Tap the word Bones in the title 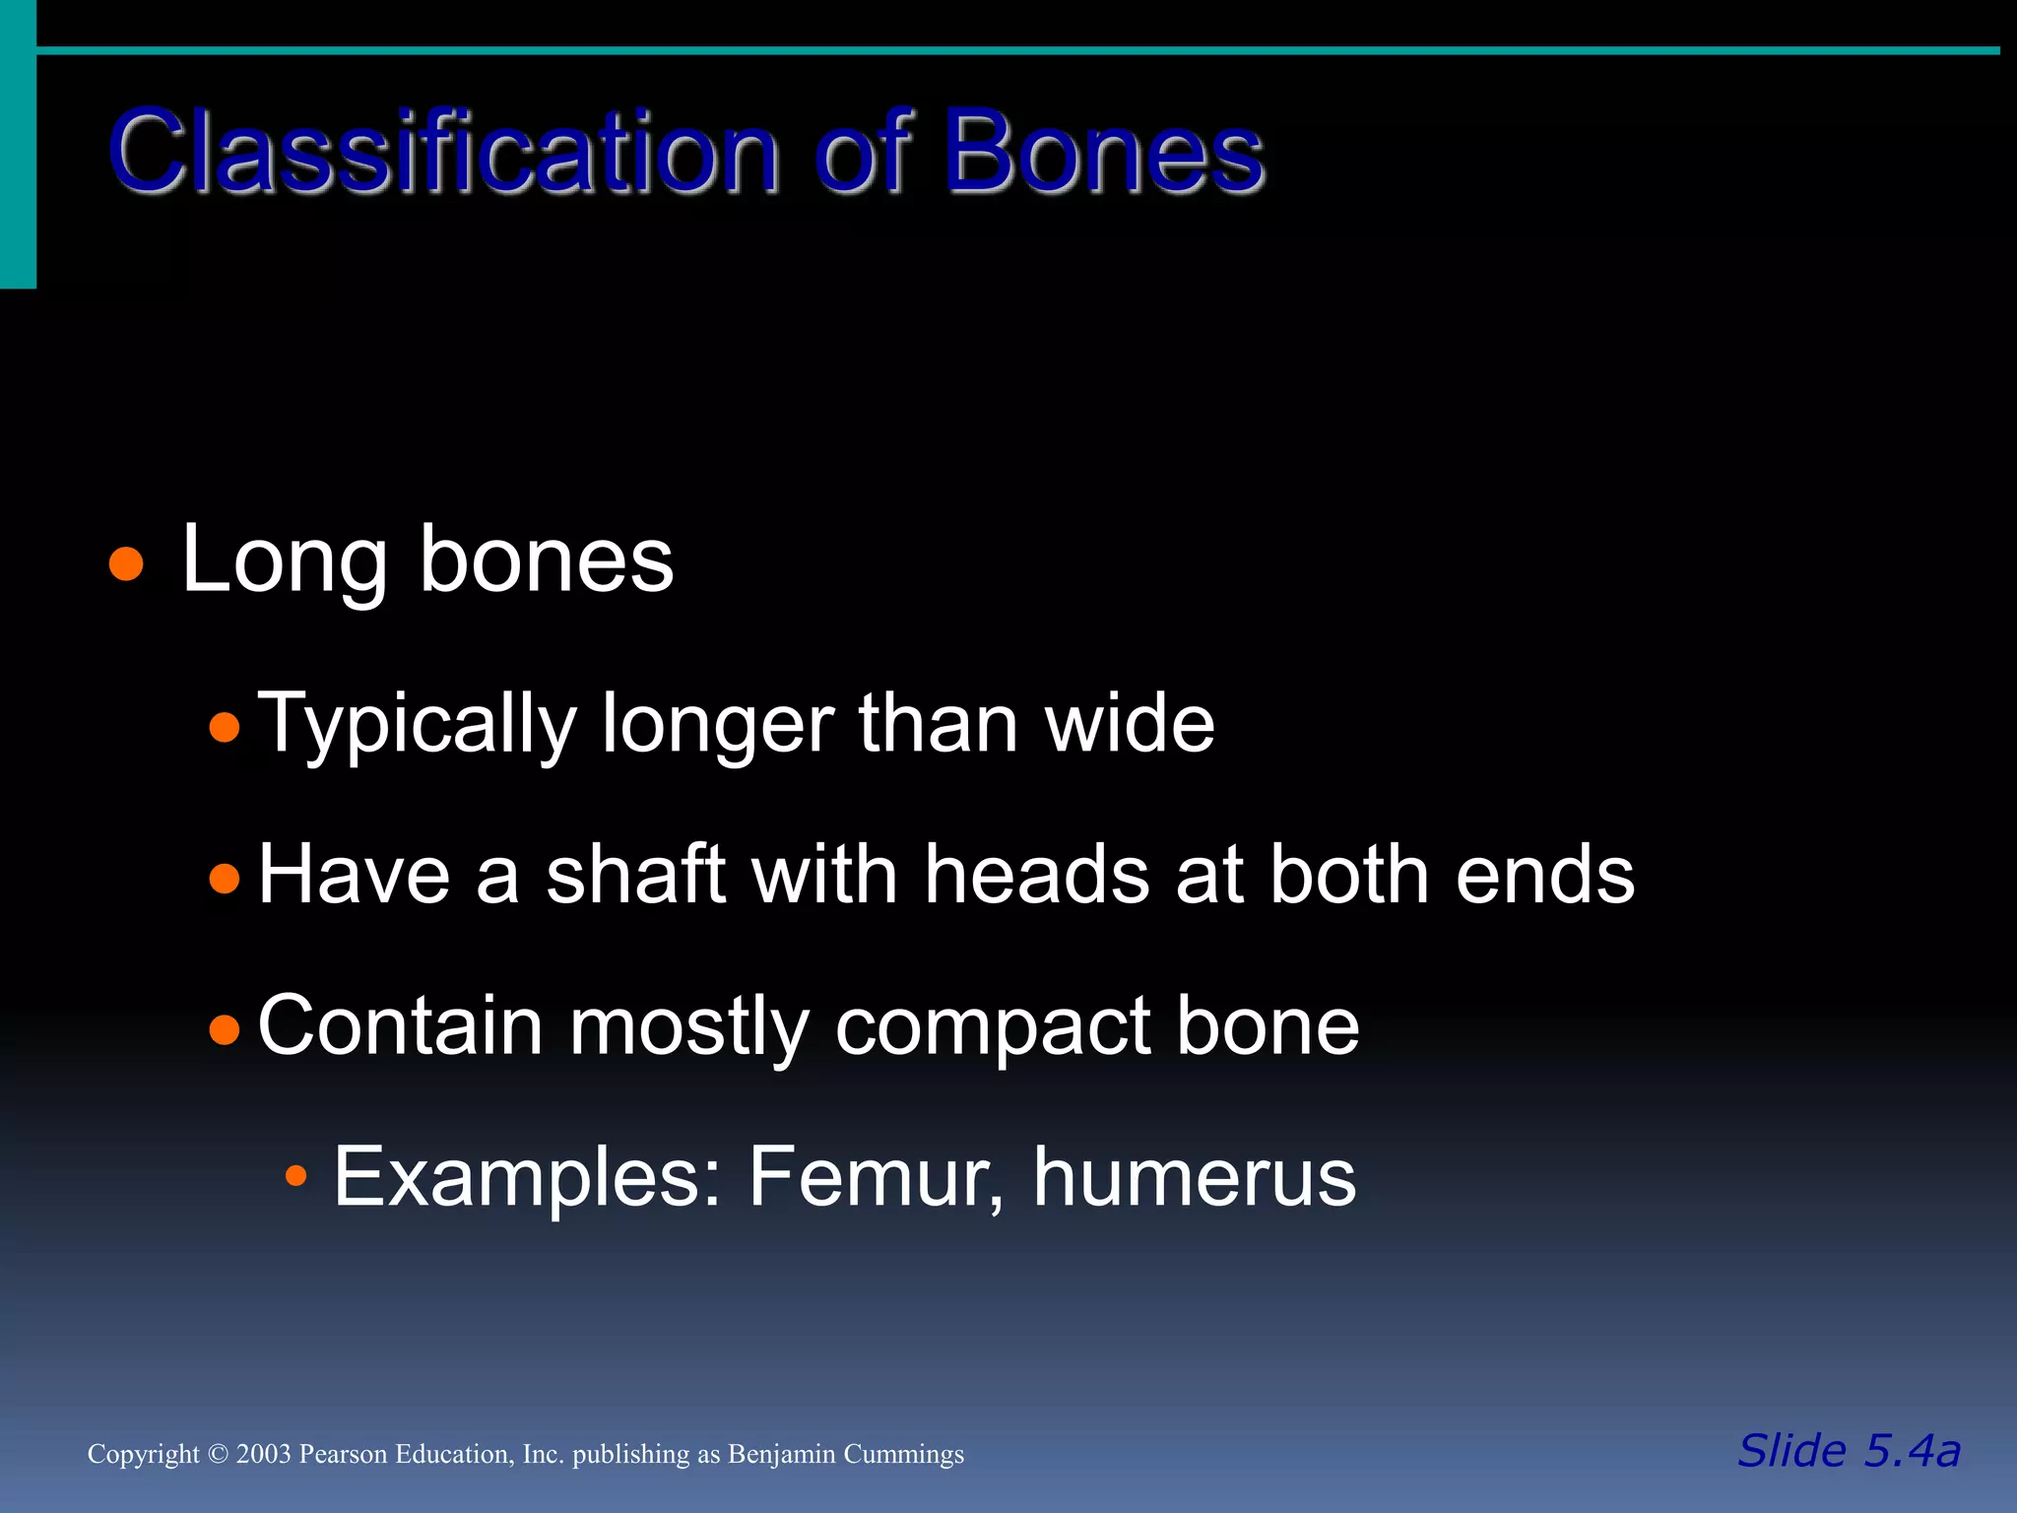coord(1103,153)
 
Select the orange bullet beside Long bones coord(126,565)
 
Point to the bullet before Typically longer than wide coord(225,728)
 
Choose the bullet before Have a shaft coord(225,878)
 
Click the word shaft coord(636,875)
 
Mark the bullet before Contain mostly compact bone coord(225,1029)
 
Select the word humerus coord(1194,1176)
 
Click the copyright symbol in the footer coord(219,1455)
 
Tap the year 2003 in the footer coord(264,1455)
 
